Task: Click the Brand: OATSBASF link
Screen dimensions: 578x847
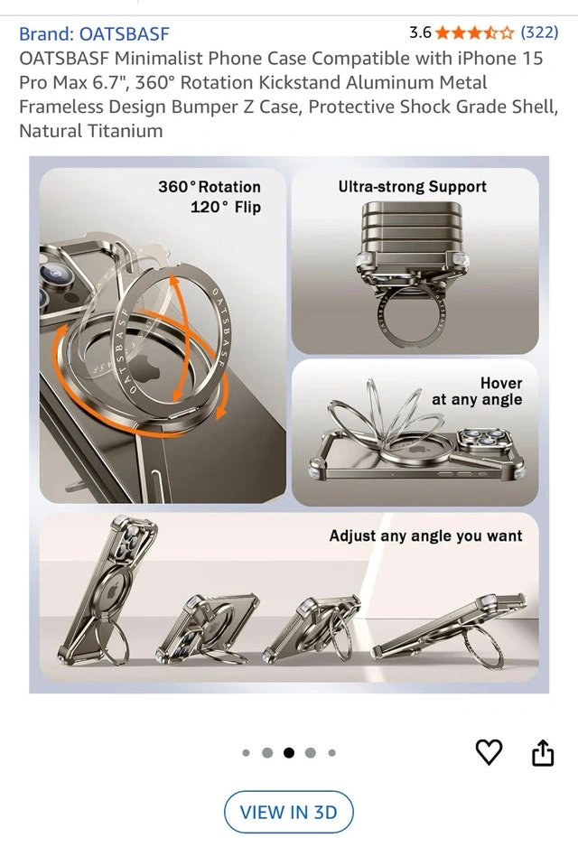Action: [94, 34]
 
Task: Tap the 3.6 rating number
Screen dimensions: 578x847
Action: [420, 33]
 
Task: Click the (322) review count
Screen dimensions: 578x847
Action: [539, 33]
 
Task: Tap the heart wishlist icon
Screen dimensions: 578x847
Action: [489, 751]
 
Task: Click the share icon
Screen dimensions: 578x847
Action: [543, 752]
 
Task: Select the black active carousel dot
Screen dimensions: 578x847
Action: [289, 752]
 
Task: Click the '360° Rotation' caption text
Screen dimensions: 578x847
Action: [210, 187]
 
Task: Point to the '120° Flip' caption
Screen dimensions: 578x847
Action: [226, 207]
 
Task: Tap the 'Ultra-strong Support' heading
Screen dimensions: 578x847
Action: [412, 187]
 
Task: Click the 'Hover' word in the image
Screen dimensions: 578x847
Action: [501, 383]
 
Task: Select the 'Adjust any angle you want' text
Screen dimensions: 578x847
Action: [425, 535]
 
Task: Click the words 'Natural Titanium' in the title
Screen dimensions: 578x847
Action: [90, 131]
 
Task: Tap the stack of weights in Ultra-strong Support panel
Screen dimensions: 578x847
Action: [412, 230]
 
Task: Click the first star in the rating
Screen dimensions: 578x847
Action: [443, 33]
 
